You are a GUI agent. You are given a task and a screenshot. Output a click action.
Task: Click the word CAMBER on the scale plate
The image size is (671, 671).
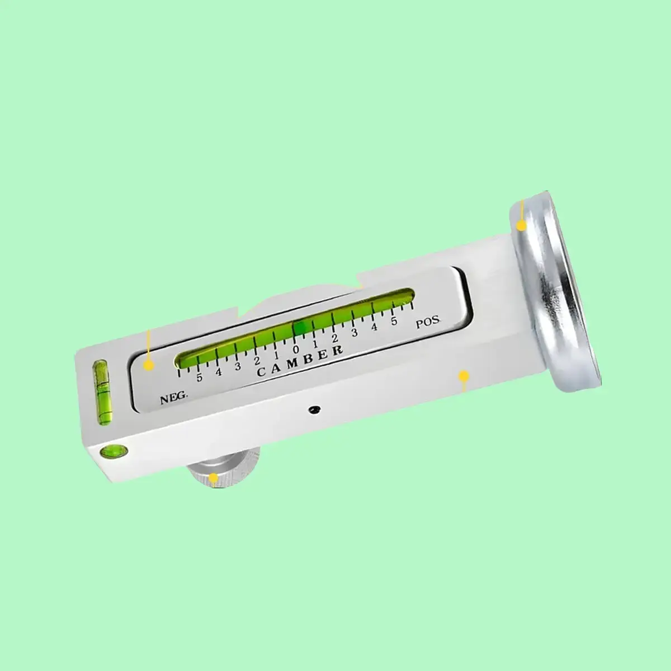pyautogui.click(x=300, y=361)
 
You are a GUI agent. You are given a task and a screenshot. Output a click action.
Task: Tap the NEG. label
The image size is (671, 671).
pyautogui.click(x=174, y=398)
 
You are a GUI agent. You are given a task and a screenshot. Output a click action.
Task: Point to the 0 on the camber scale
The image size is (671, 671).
pyautogui.click(x=296, y=349)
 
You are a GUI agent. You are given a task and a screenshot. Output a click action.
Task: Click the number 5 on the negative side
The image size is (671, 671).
pyautogui.click(x=199, y=377)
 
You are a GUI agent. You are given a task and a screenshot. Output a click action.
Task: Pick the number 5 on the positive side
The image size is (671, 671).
pyautogui.click(x=394, y=321)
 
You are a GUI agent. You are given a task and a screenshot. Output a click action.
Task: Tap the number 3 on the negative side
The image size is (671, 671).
pyautogui.click(x=238, y=366)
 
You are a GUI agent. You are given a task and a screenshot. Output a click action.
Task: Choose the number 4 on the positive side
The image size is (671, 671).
pyautogui.click(x=374, y=327)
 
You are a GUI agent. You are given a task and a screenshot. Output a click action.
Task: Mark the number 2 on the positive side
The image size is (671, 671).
pyautogui.click(x=335, y=338)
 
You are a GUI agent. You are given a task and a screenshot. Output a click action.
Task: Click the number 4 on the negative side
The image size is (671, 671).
pyautogui.click(x=218, y=372)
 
